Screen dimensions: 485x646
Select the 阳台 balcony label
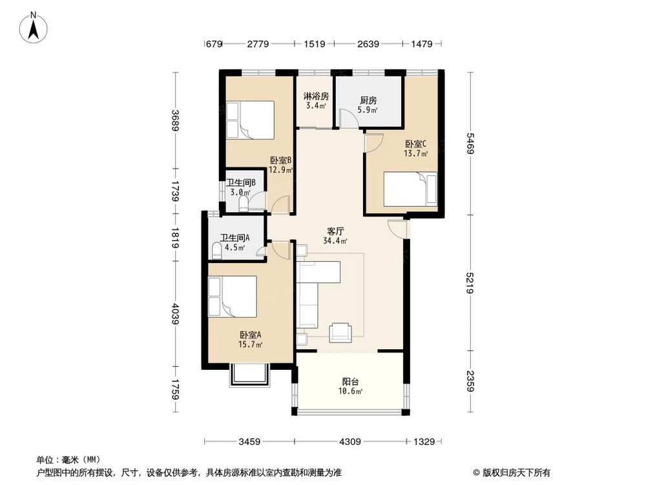(351, 382)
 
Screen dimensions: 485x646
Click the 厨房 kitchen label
(368, 101)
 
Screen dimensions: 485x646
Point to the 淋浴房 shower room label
(316, 96)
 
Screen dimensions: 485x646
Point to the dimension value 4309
(349, 442)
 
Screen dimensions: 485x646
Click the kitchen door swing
(348, 118)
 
